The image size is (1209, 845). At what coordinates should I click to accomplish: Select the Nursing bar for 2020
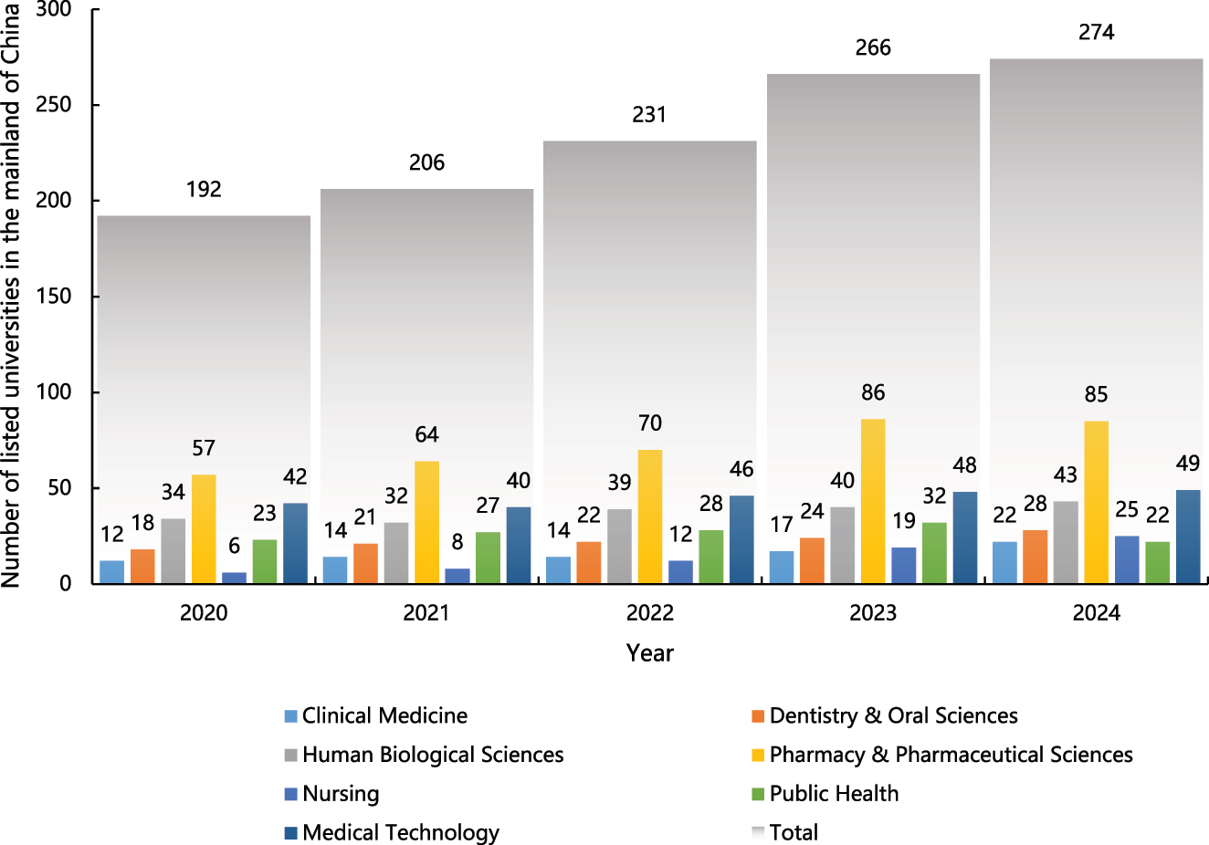(234, 578)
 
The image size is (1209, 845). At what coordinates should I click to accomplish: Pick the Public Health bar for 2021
(488, 558)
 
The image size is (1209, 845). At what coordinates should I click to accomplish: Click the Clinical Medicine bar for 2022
(558, 570)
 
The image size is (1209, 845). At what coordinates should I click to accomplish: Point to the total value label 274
(1096, 33)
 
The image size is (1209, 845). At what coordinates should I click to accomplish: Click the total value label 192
(204, 189)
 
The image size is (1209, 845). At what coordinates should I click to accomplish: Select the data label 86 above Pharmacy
(873, 392)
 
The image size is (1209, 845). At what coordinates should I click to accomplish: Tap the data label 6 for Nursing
(234, 546)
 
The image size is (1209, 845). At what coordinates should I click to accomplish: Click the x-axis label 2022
(649, 613)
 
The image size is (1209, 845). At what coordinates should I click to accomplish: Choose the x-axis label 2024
(1096, 613)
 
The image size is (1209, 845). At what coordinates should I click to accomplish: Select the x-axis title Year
(649, 653)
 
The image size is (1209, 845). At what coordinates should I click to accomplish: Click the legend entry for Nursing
(340, 794)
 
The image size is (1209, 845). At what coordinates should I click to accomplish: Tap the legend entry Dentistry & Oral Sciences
(892, 716)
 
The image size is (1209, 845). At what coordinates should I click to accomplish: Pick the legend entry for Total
(793, 832)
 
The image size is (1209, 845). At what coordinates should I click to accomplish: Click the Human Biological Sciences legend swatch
(291, 756)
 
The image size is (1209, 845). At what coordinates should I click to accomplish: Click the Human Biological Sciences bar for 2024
(1066, 542)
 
